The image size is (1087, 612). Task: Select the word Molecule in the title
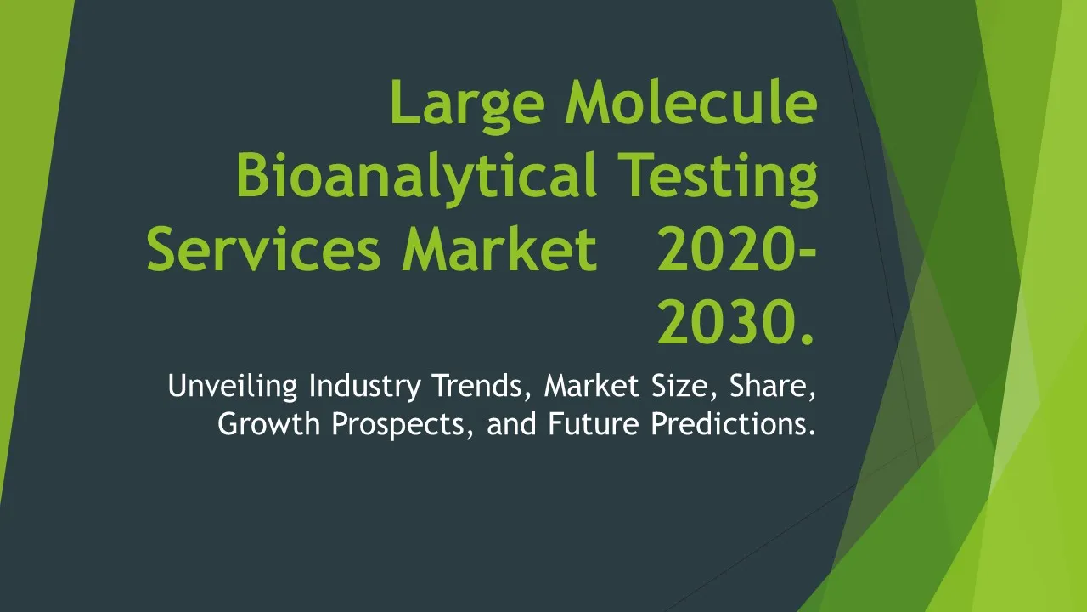[x=691, y=101]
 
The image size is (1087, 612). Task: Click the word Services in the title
[x=263, y=249]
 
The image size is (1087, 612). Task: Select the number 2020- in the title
[x=737, y=249]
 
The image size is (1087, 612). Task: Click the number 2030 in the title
[x=725, y=321]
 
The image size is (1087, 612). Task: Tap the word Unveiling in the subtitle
[x=233, y=386]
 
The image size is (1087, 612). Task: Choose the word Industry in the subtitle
[x=365, y=387]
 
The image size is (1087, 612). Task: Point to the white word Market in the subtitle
[x=592, y=386]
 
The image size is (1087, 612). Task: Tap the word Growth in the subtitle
[x=269, y=423]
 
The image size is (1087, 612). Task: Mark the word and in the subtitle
[x=511, y=423]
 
